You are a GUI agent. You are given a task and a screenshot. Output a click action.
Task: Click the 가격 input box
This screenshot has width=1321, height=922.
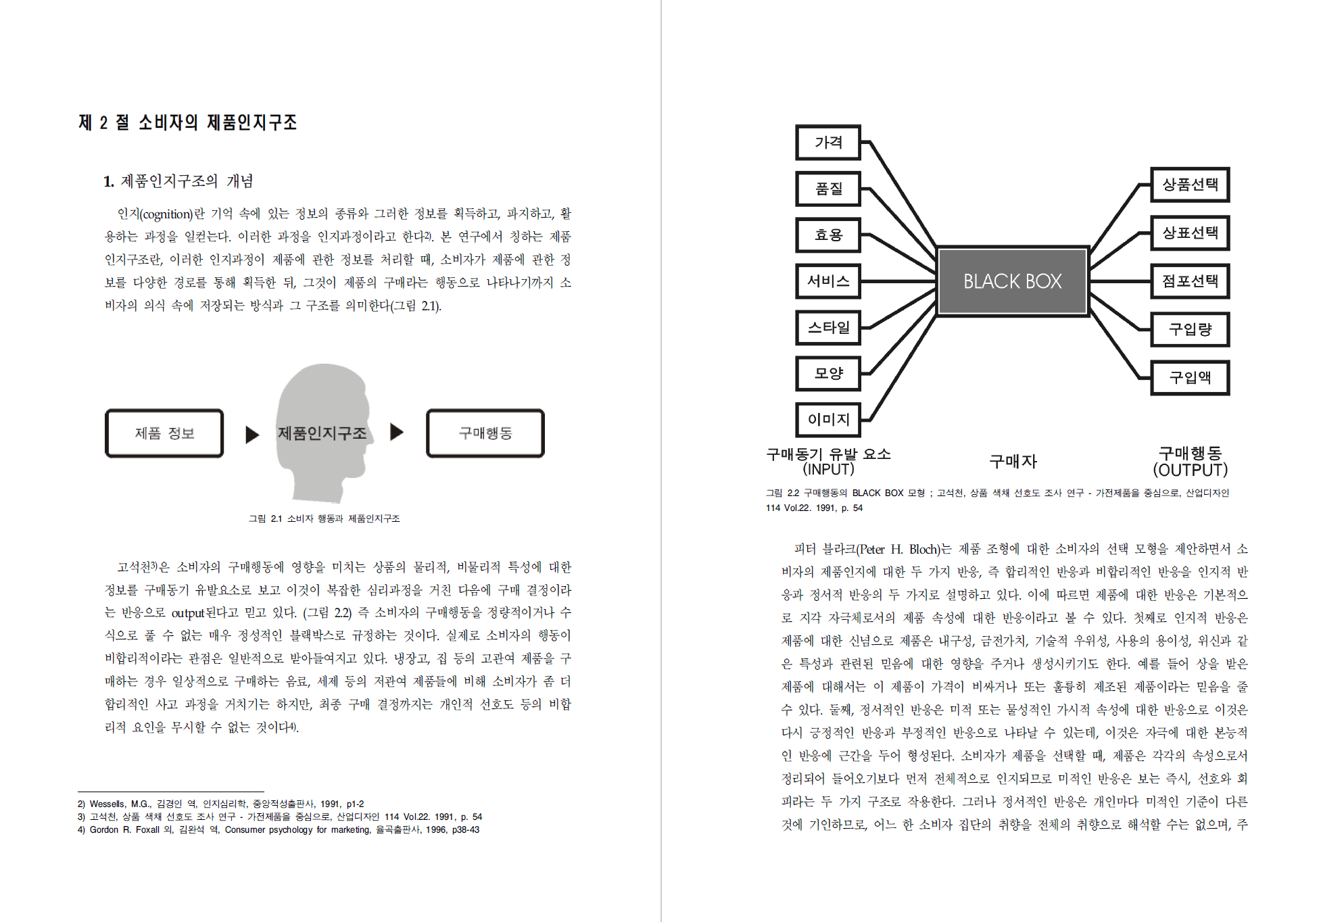(x=828, y=143)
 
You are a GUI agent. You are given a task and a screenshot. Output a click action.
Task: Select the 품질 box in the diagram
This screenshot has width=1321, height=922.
(x=828, y=189)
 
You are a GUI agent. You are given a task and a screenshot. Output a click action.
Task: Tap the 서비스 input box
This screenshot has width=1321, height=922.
(x=828, y=281)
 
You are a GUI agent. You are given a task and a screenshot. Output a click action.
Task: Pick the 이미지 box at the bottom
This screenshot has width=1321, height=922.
(x=828, y=420)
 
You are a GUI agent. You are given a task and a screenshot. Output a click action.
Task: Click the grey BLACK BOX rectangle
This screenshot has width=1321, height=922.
(x=1012, y=281)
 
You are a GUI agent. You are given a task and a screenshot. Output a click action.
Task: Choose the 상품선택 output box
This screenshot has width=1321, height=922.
(x=1190, y=185)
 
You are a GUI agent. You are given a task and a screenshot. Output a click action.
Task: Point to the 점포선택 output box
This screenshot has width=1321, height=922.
(x=1190, y=281)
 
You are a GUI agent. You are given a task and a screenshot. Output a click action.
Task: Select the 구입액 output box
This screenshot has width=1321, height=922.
(x=1190, y=377)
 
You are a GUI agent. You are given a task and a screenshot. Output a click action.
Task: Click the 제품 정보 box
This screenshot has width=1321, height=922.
(x=164, y=433)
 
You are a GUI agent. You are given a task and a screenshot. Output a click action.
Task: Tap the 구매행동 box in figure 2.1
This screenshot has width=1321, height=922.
(x=485, y=433)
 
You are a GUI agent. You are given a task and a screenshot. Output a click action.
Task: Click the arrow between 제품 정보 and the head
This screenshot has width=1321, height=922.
(x=252, y=434)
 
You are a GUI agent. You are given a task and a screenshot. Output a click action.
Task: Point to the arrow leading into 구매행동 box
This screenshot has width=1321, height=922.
(x=397, y=432)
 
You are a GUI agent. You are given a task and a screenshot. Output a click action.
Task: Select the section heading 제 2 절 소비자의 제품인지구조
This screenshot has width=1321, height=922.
(x=188, y=122)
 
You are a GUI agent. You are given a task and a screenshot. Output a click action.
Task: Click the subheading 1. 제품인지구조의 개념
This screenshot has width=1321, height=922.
(x=178, y=181)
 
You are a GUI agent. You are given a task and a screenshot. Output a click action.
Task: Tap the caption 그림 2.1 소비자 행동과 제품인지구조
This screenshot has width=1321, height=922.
(x=325, y=518)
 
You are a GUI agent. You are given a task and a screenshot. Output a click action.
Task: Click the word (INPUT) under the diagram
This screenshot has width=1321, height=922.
(x=828, y=469)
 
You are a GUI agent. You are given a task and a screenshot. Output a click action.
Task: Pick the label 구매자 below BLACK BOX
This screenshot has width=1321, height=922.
(x=1013, y=462)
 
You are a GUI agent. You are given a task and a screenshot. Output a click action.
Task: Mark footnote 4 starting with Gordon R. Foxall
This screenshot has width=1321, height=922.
(x=279, y=829)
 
